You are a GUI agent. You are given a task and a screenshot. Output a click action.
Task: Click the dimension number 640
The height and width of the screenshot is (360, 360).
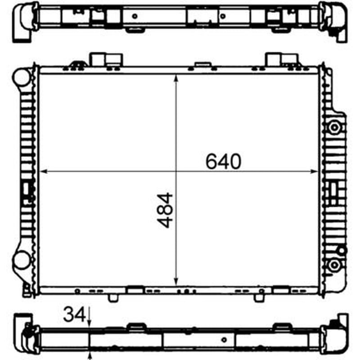tap(223, 161)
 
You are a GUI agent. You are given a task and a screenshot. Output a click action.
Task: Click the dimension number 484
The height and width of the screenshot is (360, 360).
tap(165, 210)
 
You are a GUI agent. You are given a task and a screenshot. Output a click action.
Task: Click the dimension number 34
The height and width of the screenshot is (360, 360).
tap(74, 314)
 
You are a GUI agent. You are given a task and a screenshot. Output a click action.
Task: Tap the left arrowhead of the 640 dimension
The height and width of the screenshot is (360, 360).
tap(43, 171)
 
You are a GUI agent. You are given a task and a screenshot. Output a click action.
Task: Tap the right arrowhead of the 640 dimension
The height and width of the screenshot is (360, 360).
tap(314, 171)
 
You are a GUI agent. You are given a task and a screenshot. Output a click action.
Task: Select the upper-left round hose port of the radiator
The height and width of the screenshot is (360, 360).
tap(21, 77)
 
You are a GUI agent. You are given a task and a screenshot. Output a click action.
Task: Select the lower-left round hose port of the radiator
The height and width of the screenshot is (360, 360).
tap(21, 260)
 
